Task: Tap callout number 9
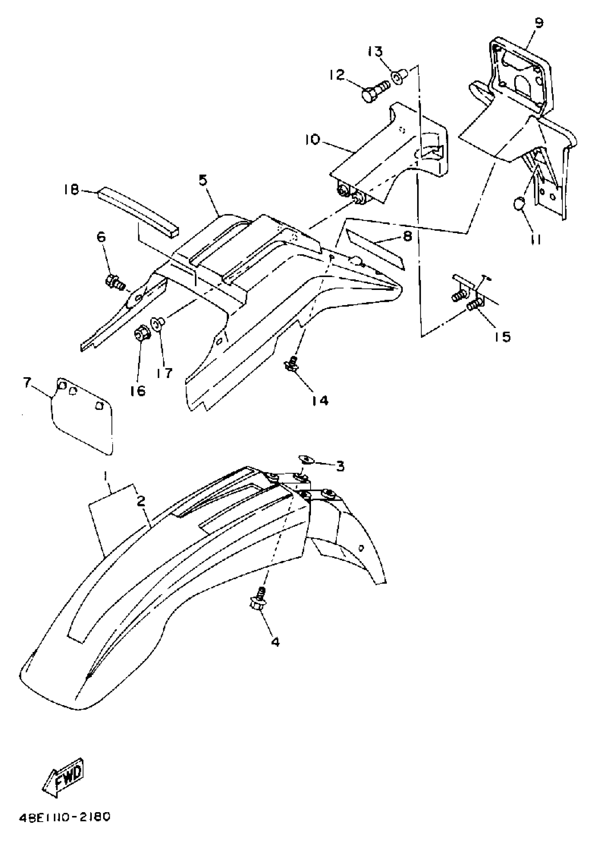[x=538, y=23]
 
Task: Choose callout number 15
[x=503, y=336]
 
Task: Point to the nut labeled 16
[x=140, y=334]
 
